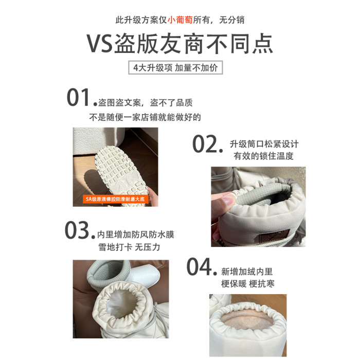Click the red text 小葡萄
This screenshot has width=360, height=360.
(x=180, y=20)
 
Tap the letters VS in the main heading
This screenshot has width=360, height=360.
(x=99, y=44)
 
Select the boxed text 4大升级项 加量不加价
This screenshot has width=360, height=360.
(x=176, y=67)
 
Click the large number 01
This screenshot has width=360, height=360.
(x=78, y=97)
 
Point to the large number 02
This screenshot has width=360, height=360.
(x=205, y=144)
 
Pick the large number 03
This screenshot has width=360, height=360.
(x=77, y=230)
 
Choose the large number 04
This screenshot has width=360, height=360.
(x=200, y=266)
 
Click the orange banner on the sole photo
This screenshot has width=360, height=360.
(x=115, y=199)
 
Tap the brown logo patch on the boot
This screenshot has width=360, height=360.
(x=275, y=236)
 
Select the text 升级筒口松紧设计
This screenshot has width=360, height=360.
(x=264, y=144)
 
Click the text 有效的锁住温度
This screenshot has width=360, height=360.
(x=263, y=156)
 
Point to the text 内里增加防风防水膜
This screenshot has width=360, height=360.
(x=136, y=235)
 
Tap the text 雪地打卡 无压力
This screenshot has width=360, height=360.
(x=129, y=247)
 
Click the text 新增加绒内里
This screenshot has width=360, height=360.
(x=247, y=272)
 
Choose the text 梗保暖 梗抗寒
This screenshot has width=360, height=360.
(x=248, y=284)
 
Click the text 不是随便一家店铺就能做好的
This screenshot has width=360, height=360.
(x=145, y=117)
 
